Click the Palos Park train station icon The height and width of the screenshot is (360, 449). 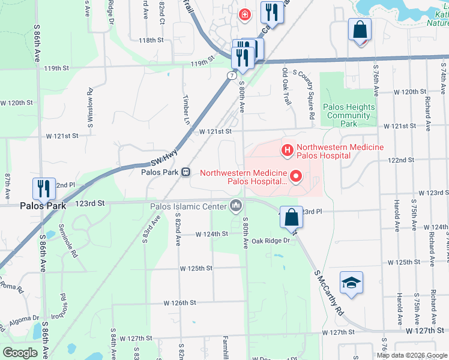click(186, 172)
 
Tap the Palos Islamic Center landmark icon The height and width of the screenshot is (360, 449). click(235, 206)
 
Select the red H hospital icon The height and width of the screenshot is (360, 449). click(288, 149)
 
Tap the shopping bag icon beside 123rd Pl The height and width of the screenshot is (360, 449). click(291, 217)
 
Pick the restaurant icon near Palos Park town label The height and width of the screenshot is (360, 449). click(43, 189)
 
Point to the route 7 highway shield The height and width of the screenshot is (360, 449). click(231, 75)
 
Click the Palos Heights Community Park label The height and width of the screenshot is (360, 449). click(349, 115)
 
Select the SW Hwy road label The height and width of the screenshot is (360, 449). click(164, 159)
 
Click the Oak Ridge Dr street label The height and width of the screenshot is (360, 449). click(271, 241)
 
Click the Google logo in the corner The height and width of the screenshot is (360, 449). click(20, 353)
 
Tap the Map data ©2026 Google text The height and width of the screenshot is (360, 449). click(411, 355)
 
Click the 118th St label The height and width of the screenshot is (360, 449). click(151, 40)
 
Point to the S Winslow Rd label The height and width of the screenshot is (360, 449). click(91, 106)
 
